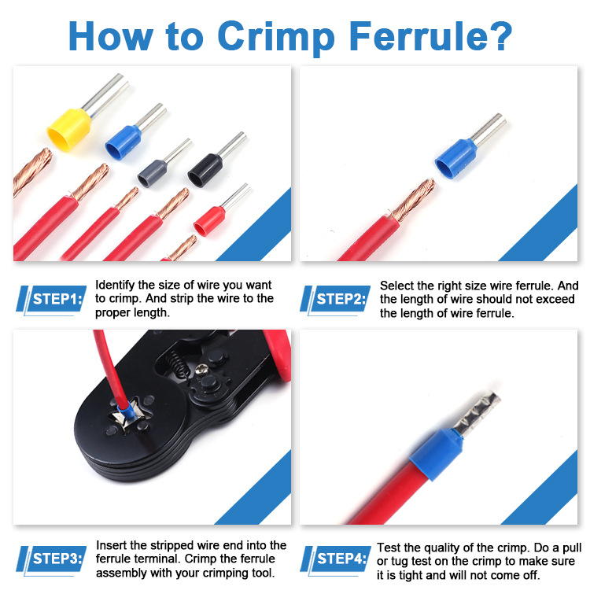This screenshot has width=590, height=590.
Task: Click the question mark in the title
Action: (x=501, y=35)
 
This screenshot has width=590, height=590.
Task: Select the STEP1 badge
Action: (x=51, y=300)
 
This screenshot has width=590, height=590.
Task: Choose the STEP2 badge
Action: (x=335, y=300)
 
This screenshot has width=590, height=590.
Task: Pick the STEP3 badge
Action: (x=51, y=559)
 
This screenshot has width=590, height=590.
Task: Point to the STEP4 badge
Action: (x=335, y=559)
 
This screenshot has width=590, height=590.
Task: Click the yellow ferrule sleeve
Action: (x=69, y=130)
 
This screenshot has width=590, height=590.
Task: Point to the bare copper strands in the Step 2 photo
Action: (x=413, y=200)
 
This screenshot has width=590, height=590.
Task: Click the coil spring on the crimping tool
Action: (x=177, y=362)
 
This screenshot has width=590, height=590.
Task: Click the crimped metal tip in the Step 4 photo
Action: (x=477, y=413)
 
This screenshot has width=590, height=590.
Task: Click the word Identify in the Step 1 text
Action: (x=115, y=286)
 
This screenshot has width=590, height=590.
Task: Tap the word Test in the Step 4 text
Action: (x=389, y=548)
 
